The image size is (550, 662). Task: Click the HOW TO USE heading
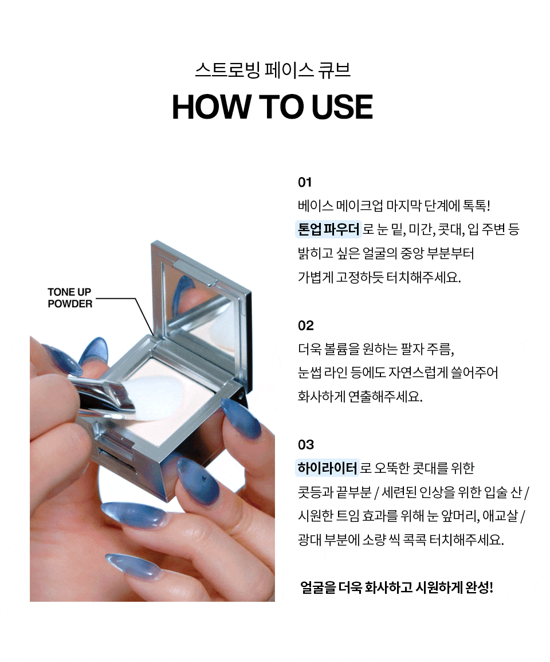point(273,107)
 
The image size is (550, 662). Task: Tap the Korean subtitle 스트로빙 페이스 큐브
point(273,70)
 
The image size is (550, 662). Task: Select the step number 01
point(305,183)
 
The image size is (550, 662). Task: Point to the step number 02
point(306,326)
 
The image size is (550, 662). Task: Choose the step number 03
point(306,445)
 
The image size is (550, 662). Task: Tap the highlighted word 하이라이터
point(327,468)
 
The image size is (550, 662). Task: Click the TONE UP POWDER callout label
point(70,298)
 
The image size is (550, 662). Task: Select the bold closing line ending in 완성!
point(396,587)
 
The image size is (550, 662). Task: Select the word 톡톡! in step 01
point(473,206)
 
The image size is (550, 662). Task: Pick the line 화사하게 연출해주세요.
point(360,397)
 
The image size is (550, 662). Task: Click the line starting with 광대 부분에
point(400,540)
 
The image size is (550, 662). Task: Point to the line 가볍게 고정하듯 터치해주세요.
point(379,277)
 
